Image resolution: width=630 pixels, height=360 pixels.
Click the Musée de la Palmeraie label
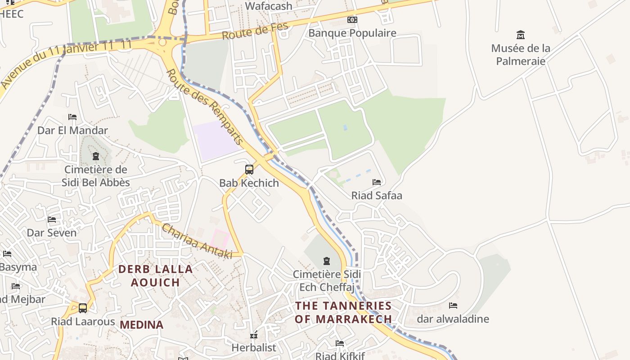coord(521,54)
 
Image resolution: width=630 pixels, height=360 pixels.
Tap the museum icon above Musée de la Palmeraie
coord(521,35)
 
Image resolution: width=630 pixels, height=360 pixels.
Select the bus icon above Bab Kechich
coord(249,170)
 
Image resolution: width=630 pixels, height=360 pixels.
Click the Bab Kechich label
coord(249,183)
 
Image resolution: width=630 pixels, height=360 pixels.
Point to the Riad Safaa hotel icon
coord(377,182)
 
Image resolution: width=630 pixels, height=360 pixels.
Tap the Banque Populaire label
coord(352,33)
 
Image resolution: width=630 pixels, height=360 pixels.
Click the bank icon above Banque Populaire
coord(352,20)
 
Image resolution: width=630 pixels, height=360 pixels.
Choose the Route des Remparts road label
coord(205,106)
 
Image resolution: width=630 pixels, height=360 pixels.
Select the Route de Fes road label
coord(255,31)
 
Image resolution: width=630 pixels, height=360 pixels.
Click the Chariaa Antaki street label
coord(197,241)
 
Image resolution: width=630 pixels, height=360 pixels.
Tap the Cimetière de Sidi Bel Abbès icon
coord(95,157)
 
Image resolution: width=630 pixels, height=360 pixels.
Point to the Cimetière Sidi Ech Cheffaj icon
coord(327,261)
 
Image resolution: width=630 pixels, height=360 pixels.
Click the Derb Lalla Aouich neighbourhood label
coord(156,276)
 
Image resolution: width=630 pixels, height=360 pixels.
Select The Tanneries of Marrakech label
coord(343,312)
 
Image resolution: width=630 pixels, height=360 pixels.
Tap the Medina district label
coord(141,324)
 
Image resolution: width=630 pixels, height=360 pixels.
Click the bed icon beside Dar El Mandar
coord(72,117)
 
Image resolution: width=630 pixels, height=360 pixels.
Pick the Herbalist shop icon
coord(254,335)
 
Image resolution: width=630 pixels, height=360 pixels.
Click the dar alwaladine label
coord(453,319)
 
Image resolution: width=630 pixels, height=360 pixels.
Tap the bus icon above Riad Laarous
coord(83,308)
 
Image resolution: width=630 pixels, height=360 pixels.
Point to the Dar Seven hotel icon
coord(52,220)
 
